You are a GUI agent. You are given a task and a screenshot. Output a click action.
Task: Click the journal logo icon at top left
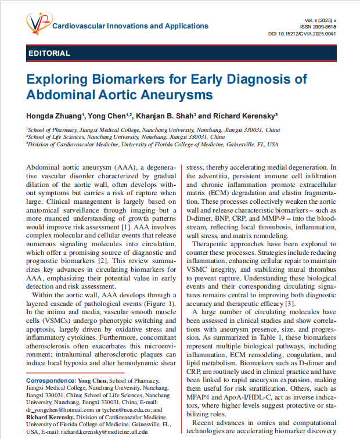pos(38,24)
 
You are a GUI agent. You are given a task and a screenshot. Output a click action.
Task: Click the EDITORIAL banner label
pos(49,53)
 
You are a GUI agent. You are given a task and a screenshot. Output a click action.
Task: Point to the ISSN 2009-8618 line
pos(318,27)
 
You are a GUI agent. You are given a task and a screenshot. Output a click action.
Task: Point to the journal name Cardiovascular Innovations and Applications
pos(130,26)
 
